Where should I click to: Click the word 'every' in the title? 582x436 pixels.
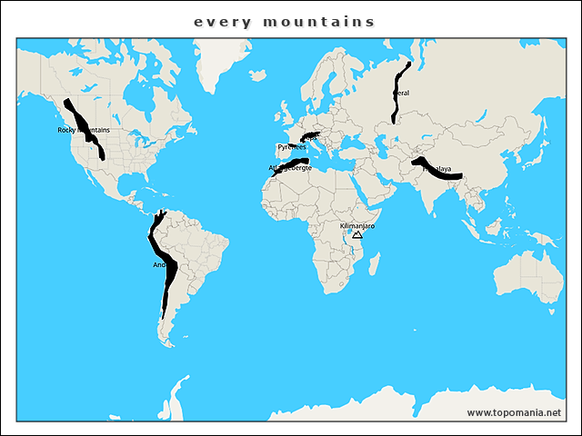click(x=214, y=21)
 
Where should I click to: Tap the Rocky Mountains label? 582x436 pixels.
click(x=83, y=130)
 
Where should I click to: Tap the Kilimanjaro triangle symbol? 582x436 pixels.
click(x=357, y=234)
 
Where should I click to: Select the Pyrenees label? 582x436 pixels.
click(x=291, y=146)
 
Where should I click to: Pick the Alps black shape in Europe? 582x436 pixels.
click(x=310, y=137)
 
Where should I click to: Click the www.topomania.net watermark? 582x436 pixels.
click(x=514, y=412)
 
